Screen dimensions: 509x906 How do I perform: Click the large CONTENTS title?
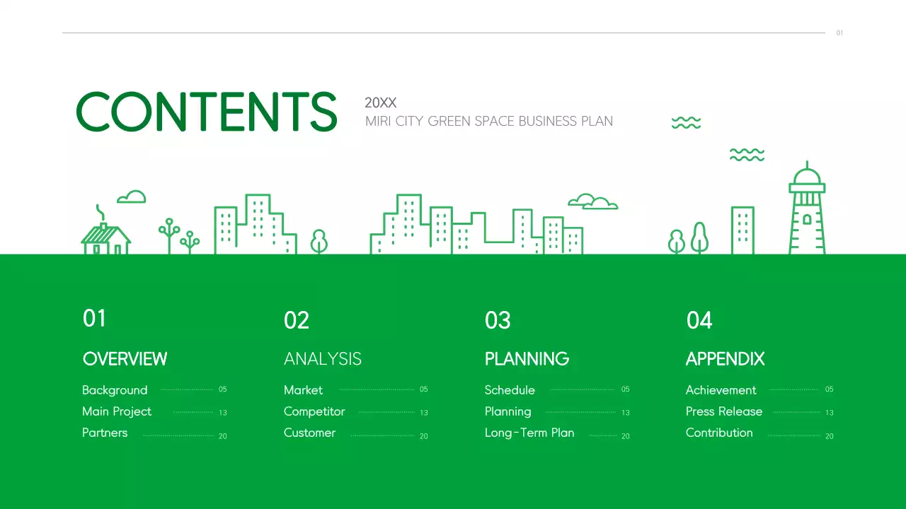coord(206,112)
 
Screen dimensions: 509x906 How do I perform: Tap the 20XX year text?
coord(380,103)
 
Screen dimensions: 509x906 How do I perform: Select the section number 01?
coord(94,318)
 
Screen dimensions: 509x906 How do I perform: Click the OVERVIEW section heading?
coord(125,359)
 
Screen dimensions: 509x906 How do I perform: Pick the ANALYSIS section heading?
coord(322,359)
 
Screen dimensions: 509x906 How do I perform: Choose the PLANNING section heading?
coord(527,359)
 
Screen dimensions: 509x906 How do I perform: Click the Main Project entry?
coord(117,411)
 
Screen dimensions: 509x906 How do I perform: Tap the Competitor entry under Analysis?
coord(314,411)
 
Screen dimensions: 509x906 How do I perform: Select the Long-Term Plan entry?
coord(529,433)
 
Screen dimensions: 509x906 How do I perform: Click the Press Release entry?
coord(724,411)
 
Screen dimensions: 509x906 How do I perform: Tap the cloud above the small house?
coord(132,197)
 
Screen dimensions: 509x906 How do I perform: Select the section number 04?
coord(699,320)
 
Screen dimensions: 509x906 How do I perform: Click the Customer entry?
coord(309,433)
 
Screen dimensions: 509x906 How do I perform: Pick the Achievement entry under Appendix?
coord(721,390)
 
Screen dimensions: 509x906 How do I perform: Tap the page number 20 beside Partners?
coord(222,436)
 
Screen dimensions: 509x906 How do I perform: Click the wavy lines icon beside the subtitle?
coord(686,123)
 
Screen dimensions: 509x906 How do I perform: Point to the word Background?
coord(115,390)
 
